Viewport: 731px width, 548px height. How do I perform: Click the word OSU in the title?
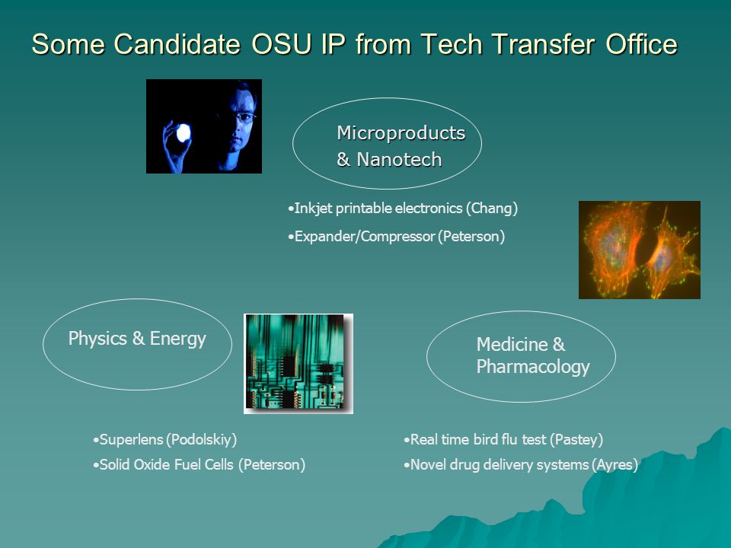click(282, 44)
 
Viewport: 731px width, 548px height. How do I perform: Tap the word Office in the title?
click(641, 44)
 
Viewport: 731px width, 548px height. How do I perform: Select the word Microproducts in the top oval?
click(401, 133)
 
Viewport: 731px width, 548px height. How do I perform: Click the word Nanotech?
click(399, 159)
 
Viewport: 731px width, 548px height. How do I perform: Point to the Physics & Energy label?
click(137, 339)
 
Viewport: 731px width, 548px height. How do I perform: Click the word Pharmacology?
click(533, 367)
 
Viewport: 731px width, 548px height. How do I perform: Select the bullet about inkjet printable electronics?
click(403, 209)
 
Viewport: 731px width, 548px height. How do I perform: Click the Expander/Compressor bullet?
click(396, 236)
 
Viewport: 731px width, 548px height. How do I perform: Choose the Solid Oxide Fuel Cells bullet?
click(199, 464)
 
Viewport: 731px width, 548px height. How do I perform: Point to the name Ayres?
click(615, 464)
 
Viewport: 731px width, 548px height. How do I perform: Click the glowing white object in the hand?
click(184, 132)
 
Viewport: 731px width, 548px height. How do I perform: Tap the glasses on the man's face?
click(243, 116)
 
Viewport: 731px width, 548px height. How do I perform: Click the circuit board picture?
click(298, 364)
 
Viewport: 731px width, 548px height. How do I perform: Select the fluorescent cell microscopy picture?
click(639, 250)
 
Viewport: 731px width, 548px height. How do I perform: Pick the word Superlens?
click(132, 439)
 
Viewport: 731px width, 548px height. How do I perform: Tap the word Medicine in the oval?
click(512, 344)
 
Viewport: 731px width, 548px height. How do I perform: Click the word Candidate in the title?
click(177, 44)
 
